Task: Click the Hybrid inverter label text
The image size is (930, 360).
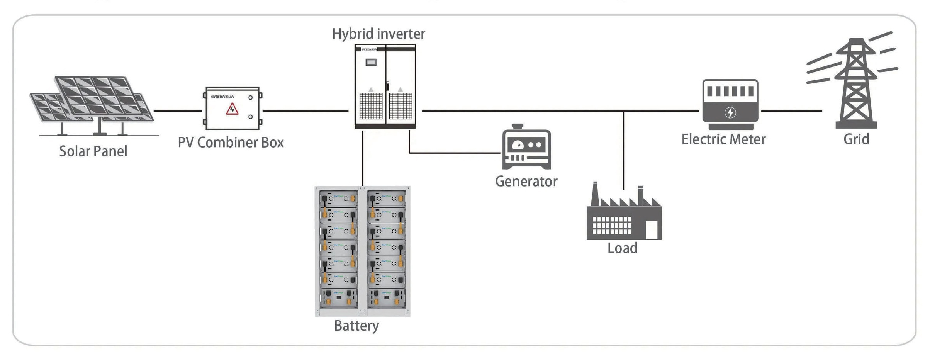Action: point(378,34)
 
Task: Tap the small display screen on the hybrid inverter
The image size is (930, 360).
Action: point(371,62)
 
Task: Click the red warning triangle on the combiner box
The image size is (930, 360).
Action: point(232,109)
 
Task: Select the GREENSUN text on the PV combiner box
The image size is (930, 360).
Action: point(222,97)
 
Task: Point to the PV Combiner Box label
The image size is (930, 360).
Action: point(231,143)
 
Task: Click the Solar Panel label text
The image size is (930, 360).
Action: point(93,151)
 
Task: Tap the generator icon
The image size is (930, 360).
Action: point(526,148)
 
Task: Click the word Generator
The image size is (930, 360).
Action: point(526,182)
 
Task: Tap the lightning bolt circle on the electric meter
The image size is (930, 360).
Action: point(730,112)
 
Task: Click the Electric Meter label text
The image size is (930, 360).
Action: point(723,139)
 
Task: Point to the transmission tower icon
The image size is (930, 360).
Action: point(856,83)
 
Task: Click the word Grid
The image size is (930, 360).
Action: point(856,139)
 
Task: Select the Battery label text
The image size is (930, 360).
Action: point(356,326)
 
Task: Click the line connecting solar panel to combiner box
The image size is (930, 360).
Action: point(178,111)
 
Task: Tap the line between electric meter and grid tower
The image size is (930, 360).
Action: point(791,111)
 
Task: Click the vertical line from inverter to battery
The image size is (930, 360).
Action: point(363,158)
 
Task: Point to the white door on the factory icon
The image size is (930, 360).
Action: point(652,230)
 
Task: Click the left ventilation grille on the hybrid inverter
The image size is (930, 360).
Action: point(371,105)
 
